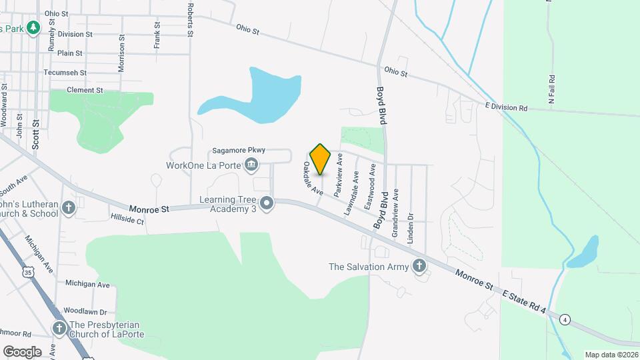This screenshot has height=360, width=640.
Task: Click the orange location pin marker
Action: (x=321, y=159)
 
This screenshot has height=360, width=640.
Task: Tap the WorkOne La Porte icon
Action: (x=251, y=165)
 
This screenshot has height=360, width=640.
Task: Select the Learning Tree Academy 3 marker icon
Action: (x=267, y=203)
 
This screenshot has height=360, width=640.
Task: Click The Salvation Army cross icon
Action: (x=419, y=267)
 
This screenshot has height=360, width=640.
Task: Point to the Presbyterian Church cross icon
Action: (x=59, y=329)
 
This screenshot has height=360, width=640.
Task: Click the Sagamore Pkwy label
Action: (x=239, y=151)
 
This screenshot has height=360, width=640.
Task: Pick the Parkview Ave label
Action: (x=339, y=174)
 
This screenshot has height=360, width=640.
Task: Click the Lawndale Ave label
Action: (x=351, y=194)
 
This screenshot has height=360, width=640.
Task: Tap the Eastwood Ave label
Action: (x=370, y=187)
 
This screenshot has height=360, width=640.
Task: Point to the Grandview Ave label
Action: (x=395, y=213)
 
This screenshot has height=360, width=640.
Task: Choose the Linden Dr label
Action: (x=411, y=226)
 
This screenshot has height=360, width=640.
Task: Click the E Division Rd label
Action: (x=506, y=107)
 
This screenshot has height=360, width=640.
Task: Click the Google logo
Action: (x=22, y=351)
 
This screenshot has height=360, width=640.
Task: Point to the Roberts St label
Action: (x=191, y=19)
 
